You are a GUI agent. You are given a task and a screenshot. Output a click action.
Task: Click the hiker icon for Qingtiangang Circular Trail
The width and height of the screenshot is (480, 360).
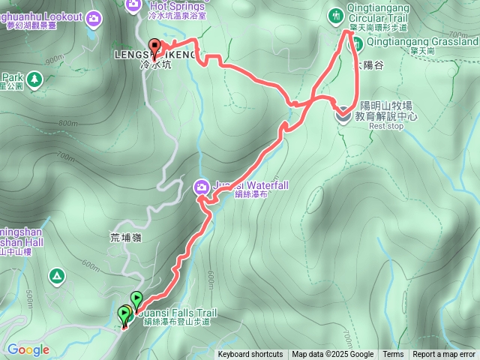(334, 13)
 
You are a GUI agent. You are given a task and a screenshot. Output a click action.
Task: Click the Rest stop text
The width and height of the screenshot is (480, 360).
(386, 127)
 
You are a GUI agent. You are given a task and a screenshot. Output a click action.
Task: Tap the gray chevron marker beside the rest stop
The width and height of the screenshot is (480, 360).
(342, 114)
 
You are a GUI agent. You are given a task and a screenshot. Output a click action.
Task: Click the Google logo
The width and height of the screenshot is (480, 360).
(28, 349)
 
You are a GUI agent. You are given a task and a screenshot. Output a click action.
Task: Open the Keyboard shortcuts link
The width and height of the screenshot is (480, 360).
(250, 355)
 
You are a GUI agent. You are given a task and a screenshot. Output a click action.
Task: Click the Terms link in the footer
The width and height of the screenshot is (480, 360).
(393, 355)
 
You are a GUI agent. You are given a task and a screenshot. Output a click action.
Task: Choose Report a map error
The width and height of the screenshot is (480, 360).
(444, 355)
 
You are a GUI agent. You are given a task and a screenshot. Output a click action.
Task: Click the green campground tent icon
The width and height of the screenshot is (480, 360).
(57, 277)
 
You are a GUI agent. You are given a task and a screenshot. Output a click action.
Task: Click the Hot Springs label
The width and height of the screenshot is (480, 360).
(161, 7)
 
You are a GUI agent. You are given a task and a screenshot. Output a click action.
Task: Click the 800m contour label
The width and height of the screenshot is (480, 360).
(67, 124)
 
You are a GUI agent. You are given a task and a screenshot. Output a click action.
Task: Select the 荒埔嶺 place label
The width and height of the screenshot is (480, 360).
(125, 237)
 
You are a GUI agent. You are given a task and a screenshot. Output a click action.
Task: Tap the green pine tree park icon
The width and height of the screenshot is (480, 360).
(4, 77)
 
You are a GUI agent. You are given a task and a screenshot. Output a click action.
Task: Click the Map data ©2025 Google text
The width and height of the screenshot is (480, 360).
(332, 355)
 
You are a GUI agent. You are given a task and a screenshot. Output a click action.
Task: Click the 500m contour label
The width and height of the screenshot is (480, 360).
(28, 298)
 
